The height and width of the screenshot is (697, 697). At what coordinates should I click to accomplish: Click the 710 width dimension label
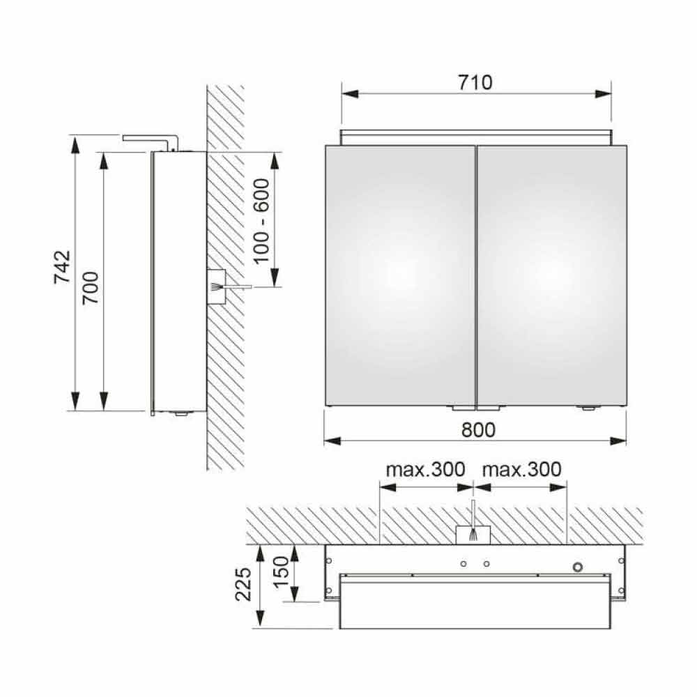pyautogui.click(x=475, y=83)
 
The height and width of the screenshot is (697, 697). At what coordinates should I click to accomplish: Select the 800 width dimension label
pyautogui.click(x=478, y=430)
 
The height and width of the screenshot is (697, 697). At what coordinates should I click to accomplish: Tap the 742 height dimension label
pyautogui.click(x=62, y=267)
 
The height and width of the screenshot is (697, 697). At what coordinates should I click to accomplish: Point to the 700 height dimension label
pyautogui.click(x=91, y=288)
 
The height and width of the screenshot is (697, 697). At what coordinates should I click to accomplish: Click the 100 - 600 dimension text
pyautogui.click(x=261, y=221)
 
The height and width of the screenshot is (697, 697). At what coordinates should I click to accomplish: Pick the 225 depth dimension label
pyautogui.click(x=243, y=584)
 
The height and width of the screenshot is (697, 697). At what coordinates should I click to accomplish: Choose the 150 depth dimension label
pyautogui.click(x=281, y=572)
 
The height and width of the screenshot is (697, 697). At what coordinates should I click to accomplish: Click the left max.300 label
pyautogui.click(x=425, y=469)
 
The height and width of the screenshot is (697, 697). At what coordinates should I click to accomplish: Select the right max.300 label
pyautogui.click(x=522, y=469)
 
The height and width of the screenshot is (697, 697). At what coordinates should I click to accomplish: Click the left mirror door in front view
pyautogui.click(x=400, y=275)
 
